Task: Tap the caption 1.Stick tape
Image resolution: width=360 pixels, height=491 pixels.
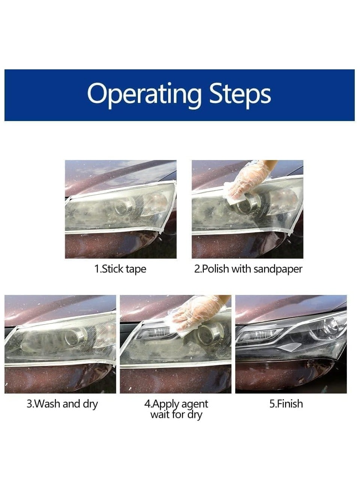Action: tap(120, 269)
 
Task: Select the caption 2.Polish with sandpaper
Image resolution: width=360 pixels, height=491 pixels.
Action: tap(248, 269)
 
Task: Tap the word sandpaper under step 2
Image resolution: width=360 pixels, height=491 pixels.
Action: tap(278, 269)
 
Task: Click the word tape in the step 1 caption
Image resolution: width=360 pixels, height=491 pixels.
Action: tap(136, 269)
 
